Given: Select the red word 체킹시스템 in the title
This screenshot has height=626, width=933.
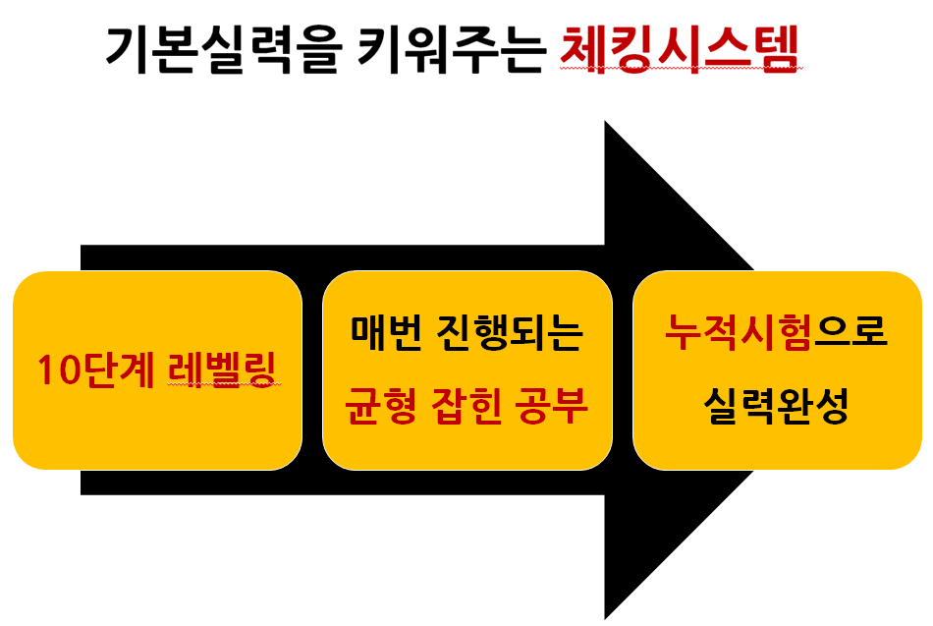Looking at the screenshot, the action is [679, 49].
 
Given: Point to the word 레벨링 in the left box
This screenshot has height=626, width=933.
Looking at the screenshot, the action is [222, 370].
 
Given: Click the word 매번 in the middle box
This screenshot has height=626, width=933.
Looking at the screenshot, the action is [386, 332].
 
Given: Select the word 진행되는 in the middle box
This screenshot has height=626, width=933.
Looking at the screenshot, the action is [510, 332].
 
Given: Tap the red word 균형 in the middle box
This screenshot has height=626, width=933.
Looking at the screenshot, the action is [381, 406].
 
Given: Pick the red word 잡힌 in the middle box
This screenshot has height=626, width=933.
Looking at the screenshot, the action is [466, 406].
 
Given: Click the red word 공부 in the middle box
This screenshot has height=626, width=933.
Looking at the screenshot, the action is [551, 406].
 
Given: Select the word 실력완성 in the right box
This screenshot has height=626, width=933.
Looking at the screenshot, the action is [776, 406].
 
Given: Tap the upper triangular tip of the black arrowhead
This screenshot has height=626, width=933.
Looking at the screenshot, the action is [606, 122].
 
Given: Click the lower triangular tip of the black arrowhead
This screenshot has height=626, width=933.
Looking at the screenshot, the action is [606, 617].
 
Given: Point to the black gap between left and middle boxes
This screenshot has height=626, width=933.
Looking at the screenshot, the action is [312, 370].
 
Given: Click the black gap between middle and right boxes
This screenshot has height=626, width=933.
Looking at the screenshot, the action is [623, 370].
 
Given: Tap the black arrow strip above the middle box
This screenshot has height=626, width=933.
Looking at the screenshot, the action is [467, 257].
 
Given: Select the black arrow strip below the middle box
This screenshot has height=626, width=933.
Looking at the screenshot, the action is [467, 483].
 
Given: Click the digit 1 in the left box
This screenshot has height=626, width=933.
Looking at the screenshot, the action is [45, 370].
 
